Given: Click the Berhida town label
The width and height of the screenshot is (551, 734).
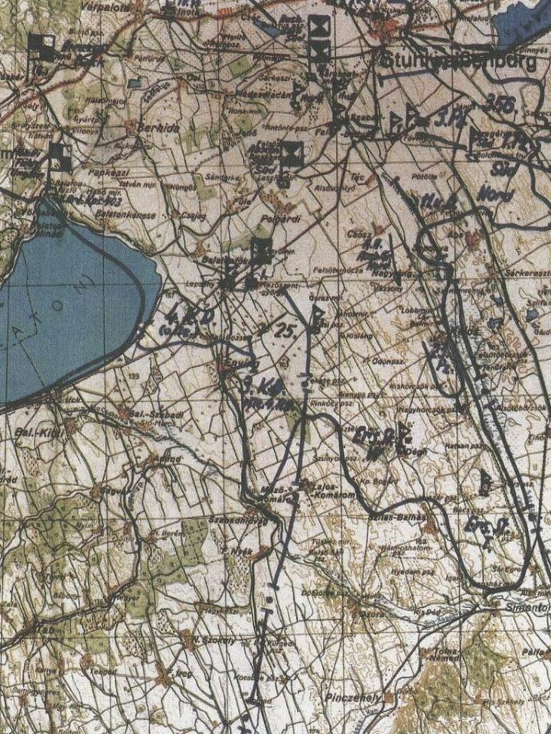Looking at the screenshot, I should (x=158, y=128).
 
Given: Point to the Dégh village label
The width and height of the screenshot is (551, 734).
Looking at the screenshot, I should (x=419, y=451).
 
